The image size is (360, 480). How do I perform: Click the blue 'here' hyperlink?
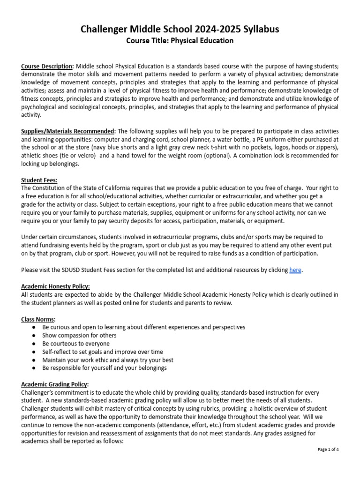pyautogui.click(x=295, y=270)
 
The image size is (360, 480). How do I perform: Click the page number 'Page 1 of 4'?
pyautogui.click(x=328, y=449)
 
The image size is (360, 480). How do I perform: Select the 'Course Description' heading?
pyautogui.click(x=47, y=66)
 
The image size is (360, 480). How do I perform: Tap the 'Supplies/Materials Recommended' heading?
pyautogui.click(x=68, y=131)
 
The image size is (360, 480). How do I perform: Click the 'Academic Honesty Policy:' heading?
pyautogui.click(x=55, y=286)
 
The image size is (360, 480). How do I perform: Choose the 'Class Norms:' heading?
pyautogui.click(x=38, y=319)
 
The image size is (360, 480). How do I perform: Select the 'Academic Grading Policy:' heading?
pyautogui.click(x=55, y=384)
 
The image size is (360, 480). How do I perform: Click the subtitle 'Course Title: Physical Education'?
pyautogui.click(x=180, y=41)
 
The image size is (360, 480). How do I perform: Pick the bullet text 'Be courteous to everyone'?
pyautogui.click(x=76, y=344)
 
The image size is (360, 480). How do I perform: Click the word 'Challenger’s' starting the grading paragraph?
pyautogui.click(x=38, y=392)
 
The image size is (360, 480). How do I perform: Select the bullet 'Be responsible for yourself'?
pyautogui.click(x=104, y=368)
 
